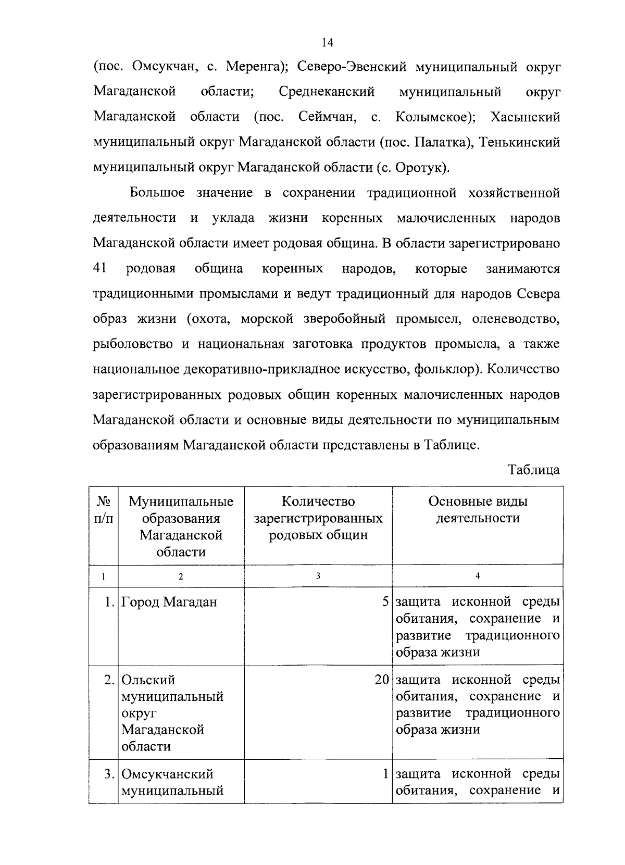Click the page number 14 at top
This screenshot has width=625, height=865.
327,43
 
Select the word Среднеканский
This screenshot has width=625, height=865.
327,92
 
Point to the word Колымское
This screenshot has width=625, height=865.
434,117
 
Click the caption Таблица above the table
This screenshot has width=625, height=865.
534,470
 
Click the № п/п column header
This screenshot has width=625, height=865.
104,510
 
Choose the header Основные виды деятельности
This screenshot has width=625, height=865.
478,510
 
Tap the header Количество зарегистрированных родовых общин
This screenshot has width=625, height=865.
318,518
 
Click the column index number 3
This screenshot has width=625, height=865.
318,576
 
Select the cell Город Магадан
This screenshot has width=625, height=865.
169,603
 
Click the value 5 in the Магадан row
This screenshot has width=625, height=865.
385,603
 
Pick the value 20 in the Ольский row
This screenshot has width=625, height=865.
382,680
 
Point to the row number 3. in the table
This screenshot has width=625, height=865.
109,774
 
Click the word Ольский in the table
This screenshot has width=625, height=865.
148,680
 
